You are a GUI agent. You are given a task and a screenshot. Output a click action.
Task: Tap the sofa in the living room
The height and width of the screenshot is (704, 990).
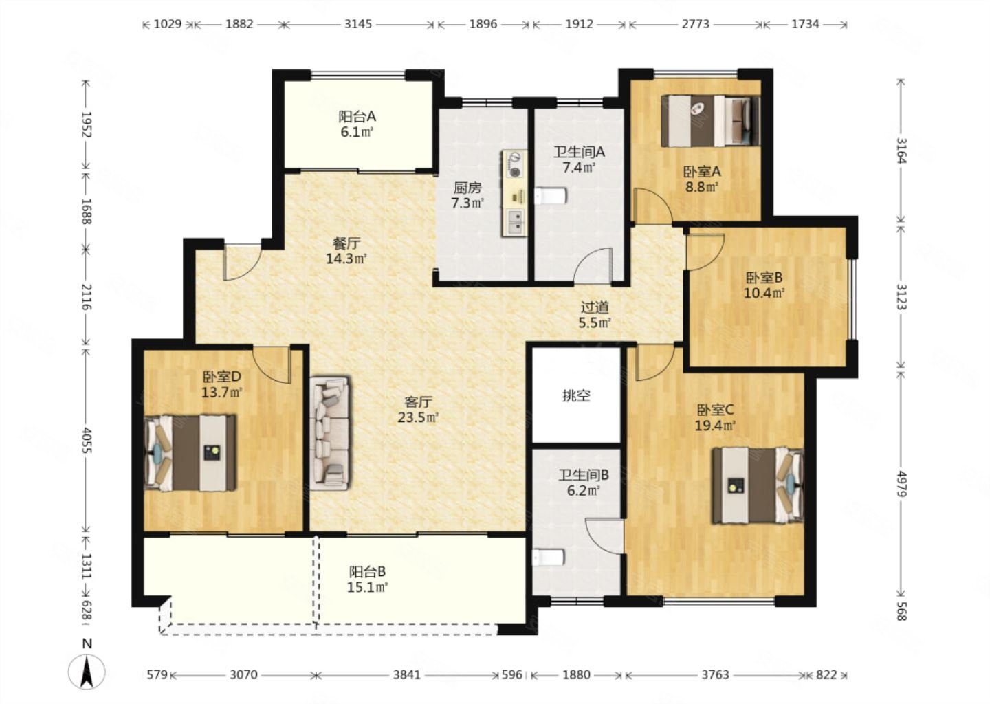329,433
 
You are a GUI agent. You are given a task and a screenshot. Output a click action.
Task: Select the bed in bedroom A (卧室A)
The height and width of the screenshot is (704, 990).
711,121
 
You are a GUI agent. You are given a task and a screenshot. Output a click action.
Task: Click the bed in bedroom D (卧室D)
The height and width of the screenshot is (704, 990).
190,452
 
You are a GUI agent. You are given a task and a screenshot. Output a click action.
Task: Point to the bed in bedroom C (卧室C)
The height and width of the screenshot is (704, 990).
758,485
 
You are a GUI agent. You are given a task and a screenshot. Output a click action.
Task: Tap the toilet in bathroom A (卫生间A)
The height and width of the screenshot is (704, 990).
551,196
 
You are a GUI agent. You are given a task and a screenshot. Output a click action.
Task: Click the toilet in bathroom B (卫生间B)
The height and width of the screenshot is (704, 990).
549,558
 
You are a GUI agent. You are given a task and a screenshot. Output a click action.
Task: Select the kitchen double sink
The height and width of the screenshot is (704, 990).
515,222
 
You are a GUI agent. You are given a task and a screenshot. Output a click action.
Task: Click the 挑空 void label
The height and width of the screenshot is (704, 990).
576,395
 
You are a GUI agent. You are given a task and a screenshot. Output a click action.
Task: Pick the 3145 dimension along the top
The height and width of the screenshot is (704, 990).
358,24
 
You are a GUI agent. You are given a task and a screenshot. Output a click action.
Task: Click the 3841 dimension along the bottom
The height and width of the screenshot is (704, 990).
407,675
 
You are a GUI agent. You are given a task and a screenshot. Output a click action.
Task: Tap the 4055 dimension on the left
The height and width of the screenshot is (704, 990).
86,440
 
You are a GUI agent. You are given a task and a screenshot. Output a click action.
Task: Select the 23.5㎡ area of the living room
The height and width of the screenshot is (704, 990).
418,417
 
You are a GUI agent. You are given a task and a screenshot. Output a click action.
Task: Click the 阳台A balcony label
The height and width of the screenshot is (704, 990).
357,117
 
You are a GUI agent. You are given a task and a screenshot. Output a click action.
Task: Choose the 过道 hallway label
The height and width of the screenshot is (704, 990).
595,307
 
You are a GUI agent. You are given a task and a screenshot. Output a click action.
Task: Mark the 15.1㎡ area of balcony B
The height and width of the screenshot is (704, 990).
367,587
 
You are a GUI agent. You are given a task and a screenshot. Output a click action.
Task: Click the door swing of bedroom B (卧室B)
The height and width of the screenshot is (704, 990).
705,252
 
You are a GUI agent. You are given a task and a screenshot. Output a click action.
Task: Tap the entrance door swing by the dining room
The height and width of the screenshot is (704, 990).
242,262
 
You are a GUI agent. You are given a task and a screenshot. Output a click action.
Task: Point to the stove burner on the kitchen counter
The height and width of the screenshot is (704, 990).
514,164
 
